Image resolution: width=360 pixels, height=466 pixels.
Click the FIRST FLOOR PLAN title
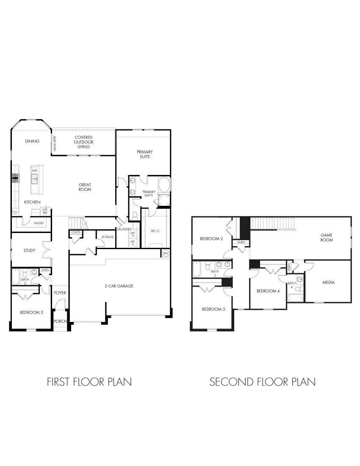coord(89,382)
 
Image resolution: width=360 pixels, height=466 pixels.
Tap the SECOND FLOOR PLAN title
coord(263,382)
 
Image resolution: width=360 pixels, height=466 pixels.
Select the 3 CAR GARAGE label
coord(119,286)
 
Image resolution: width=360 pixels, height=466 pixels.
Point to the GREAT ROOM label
coord(85,187)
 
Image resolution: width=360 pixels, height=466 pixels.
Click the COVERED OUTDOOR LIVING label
coord(83,142)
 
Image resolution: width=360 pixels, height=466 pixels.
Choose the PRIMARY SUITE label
coord(144,154)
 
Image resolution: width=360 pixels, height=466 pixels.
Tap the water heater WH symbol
coord(165,253)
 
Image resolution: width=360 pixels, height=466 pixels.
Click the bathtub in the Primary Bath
coord(164,185)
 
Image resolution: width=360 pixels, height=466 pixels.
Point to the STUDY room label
coord(29,250)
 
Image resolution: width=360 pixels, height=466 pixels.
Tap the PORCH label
coord(60,321)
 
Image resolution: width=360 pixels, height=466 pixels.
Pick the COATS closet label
coord(76,232)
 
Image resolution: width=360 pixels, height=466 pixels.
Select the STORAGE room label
coord(108,237)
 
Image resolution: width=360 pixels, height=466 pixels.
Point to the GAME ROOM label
coord(327,237)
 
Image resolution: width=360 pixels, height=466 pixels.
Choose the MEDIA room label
coord(328,282)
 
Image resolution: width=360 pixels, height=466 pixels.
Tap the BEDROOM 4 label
coord(268,291)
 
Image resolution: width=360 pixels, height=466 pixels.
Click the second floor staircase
coord(272,223)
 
